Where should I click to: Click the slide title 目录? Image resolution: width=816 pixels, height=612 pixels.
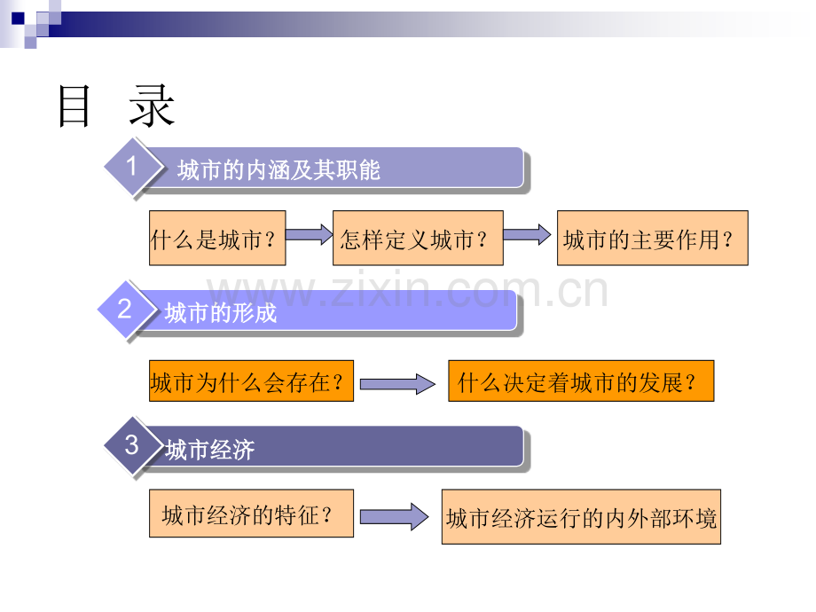pyautogui.click(x=115, y=106)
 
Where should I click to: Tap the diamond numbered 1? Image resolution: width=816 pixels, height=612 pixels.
pyautogui.click(x=133, y=167)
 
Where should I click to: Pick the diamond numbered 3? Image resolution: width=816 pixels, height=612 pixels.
pyautogui.click(x=133, y=445)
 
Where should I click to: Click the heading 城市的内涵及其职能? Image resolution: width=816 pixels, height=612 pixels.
pyautogui.click(x=279, y=170)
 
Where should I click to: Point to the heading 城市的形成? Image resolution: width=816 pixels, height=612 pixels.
pyautogui.click(x=221, y=313)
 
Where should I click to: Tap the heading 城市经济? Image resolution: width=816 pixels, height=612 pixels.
pyautogui.click(x=209, y=450)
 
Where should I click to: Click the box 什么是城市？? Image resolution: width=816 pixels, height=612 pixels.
pyautogui.click(x=217, y=239)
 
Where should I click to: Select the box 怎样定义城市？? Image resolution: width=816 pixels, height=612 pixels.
pyautogui.click(x=418, y=239)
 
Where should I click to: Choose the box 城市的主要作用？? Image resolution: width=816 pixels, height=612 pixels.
pyautogui.click(x=653, y=239)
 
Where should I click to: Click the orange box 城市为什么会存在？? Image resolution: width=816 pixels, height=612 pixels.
pyautogui.click(x=251, y=381)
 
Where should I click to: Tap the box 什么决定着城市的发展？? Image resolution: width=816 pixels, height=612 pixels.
pyautogui.click(x=581, y=381)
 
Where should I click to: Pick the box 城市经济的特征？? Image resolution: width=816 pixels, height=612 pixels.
pyautogui.click(x=251, y=514)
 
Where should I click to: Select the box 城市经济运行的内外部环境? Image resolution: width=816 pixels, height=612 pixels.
pyautogui.click(x=581, y=517)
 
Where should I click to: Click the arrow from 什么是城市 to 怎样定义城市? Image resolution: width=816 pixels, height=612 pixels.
pyautogui.click(x=310, y=235)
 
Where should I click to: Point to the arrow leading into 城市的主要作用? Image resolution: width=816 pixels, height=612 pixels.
pyautogui.click(x=527, y=235)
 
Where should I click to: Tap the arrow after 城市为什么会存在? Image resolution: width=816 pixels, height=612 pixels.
pyautogui.click(x=397, y=385)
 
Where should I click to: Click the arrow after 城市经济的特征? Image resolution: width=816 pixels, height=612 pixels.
pyautogui.click(x=395, y=517)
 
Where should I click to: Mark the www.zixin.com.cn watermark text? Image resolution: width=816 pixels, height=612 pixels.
pyautogui.click(x=407, y=290)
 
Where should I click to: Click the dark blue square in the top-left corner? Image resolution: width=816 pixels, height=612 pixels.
pyautogui.click(x=18, y=19)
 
